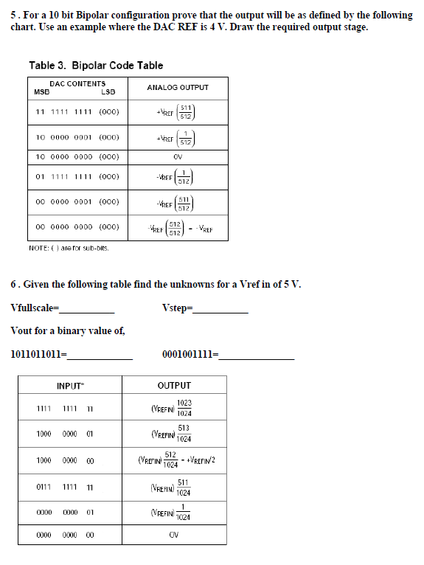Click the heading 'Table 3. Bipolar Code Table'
click(96, 66)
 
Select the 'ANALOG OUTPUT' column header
click(178, 87)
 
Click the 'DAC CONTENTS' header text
click(77, 83)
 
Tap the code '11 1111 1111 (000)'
click(77, 112)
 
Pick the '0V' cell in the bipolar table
click(178, 156)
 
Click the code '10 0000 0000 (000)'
click(77, 156)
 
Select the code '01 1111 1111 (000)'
click(77, 176)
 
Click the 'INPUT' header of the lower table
click(69, 386)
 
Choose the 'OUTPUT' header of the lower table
click(174, 386)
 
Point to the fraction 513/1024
click(184, 434)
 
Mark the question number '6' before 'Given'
click(14, 284)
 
